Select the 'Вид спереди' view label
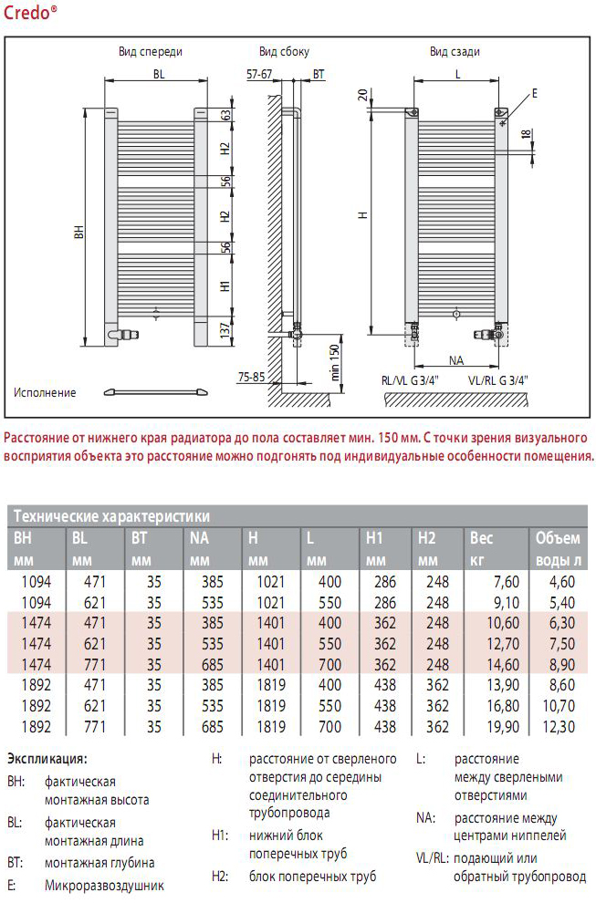(151, 52)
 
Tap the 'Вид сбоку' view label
(284, 52)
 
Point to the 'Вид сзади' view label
(455, 52)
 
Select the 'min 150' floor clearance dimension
(335, 360)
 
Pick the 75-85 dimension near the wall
(251, 375)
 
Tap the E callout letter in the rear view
(535, 94)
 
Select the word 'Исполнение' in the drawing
(45, 393)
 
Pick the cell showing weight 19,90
(501, 727)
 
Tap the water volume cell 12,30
(558, 727)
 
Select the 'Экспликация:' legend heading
(47, 758)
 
